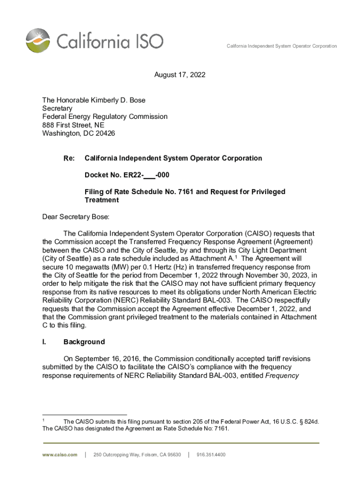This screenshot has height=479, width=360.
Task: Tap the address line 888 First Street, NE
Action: tap(73, 125)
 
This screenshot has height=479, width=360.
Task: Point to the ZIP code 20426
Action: tap(105, 133)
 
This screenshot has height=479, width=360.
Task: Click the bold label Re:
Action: tap(69, 158)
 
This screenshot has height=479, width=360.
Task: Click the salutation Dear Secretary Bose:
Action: tap(75, 217)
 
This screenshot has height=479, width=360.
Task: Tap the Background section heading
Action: tap(84, 342)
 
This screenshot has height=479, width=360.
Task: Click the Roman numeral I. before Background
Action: tap(44, 342)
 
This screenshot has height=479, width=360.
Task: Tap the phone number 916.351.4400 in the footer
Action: tap(211, 455)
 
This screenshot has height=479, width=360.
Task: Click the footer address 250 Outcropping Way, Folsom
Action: tap(137, 455)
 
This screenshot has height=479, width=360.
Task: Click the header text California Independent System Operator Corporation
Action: tap(281, 46)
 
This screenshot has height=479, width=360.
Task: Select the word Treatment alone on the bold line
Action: tap(101, 200)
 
